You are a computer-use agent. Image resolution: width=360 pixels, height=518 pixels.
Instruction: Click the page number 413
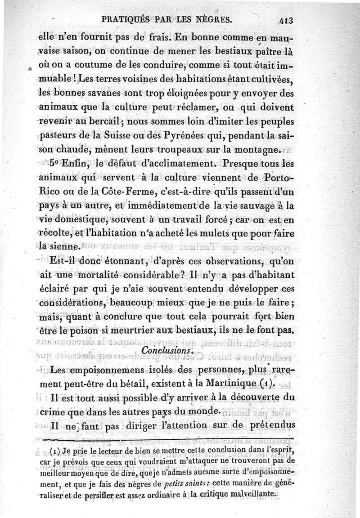(x=286, y=20)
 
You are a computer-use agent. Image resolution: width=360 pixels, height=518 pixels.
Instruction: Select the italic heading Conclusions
(x=167, y=349)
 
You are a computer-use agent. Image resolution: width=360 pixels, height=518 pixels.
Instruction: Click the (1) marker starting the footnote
(x=60, y=450)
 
